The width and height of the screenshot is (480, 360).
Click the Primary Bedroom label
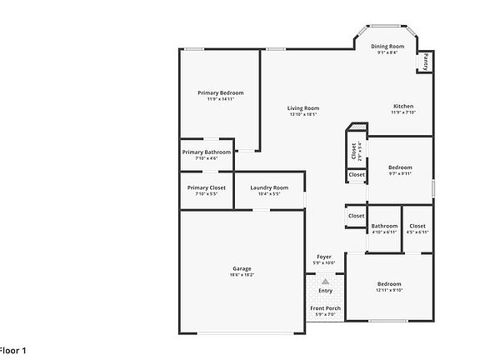pos(221,92)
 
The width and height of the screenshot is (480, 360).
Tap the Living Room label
pos(303,108)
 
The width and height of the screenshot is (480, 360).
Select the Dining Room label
pos(387,46)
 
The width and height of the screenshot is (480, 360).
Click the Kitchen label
pos(403,107)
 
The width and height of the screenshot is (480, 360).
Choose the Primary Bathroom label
pos(206,152)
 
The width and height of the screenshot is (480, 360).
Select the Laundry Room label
pos(269,187)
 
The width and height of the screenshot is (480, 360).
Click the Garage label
pos(242,268)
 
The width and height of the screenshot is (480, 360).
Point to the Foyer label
pos(324,257)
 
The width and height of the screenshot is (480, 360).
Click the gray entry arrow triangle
pos(325,282)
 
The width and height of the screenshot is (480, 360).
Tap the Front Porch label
pos(325,308)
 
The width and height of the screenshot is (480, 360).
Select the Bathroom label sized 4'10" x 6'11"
pos(384,226)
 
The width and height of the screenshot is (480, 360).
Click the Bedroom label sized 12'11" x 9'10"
pos(388,284)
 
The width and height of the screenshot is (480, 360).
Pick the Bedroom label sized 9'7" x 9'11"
pos(400,167)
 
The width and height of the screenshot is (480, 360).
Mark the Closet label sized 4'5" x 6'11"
pos(417,226)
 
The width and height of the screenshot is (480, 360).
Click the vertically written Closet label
pos(353,150)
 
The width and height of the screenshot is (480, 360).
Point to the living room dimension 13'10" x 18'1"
pos(303,114)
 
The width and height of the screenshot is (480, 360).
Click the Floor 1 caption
pos(12,350)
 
